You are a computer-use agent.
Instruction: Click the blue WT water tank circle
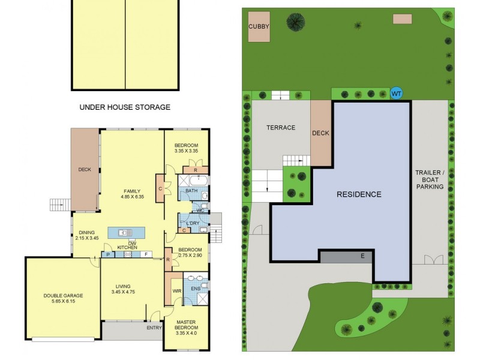pyautogui.click(x=396, y=93)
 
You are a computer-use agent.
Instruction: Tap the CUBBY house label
pyautogui.click(x=259, y=26)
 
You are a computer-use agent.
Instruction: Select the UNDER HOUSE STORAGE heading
pyautogui.click(x=125, y=107)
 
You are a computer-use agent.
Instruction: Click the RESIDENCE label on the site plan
pyautogui.click(x=358, y=194)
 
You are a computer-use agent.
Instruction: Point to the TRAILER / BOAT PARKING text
pyautogui.click(x=430, y=179)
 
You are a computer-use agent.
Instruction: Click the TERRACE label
pyautogui.click(x=281, y=127)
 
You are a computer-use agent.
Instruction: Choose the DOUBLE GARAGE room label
pyautogui.click(x=63, y=299)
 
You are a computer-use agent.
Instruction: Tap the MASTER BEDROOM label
pyautogui.click(x=186, y=328)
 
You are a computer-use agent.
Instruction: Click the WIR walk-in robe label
pyautogui.click(x=176, y=290)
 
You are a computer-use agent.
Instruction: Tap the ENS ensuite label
pyautogui.click(x=195, y=289)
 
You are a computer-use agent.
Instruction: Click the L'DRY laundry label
pyautogui.click(x=193, y=223)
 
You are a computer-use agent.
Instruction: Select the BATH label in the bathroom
pyautogui.click(x=191, y=191)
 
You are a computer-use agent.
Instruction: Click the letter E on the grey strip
pyautogui.click(x=362, y=256)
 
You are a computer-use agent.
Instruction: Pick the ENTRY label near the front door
pyautogui.click(x=154, y=328)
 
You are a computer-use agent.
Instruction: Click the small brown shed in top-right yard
pyautogui.click(x=402, y=19)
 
